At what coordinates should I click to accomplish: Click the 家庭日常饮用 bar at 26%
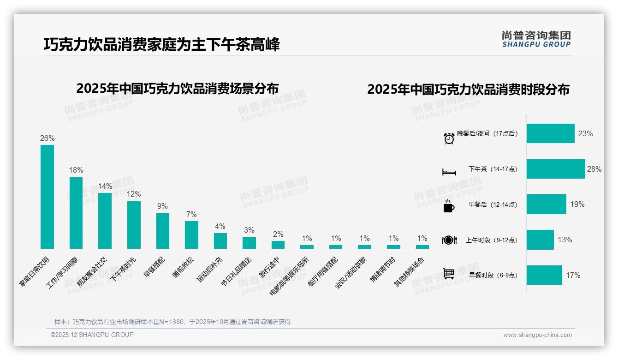click(x=47, y=197)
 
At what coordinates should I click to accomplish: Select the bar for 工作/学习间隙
click(x=76, y=213)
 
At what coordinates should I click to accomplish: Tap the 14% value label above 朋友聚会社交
click(x=105, y=186)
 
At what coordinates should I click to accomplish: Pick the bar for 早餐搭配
click(x=163, y=231)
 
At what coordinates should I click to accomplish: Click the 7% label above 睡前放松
click(x=191, y=214)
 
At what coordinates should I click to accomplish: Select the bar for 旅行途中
click(x=278, y=245)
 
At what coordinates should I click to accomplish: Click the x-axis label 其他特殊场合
click(x=410, y=273)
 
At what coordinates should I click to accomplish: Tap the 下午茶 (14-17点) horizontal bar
click(x=556, y=169)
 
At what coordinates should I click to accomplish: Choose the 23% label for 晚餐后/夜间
click(x=585, y=133)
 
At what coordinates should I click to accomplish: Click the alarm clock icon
click(x=449, y=138)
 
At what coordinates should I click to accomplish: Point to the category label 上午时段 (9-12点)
click(x=491, y=240)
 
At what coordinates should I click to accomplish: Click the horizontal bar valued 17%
click(x=544, y=275)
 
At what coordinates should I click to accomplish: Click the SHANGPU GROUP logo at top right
click(x=536, y=39)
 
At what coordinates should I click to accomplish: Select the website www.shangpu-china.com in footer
click(x=537, y=335)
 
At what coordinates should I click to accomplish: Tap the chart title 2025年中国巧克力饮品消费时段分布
click(x=468, y=90)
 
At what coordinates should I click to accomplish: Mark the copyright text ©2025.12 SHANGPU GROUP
click(x=92, y=335)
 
